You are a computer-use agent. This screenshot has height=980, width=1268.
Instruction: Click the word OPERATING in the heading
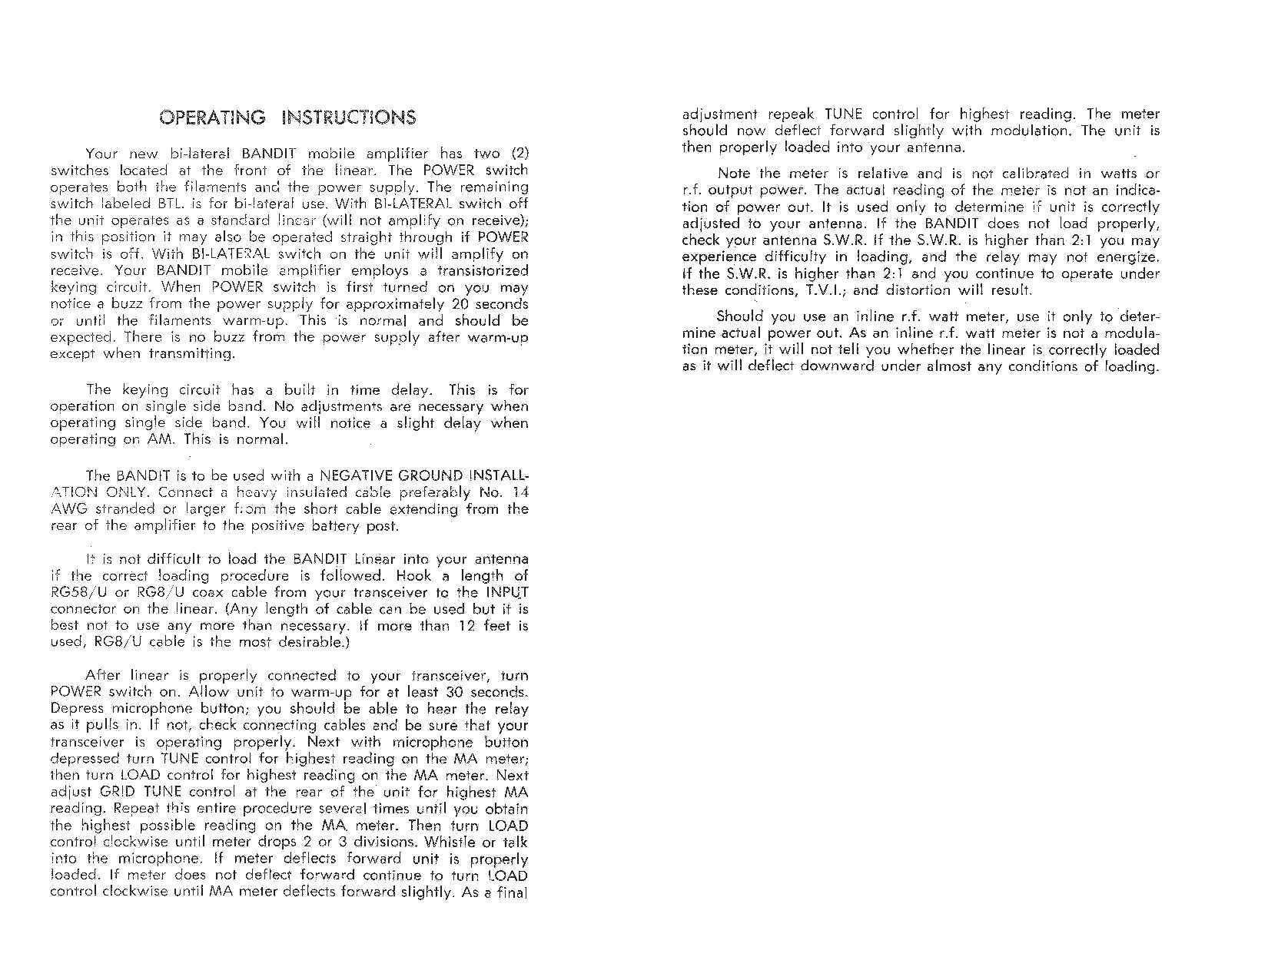click(x=212, y=118)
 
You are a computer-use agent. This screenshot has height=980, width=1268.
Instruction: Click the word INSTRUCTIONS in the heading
click(x=349, y=118)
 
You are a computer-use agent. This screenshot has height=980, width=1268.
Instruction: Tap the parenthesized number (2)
click(x=519, y=154)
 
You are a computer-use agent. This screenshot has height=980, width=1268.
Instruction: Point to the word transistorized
click(x=483, y=271)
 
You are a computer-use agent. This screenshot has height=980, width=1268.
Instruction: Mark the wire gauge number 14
click(x=520, y=492)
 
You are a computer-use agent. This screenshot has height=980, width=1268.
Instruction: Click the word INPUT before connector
click(x=507, y=593)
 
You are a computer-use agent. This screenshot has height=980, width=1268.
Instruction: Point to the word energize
click(x=1129, y=257)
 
